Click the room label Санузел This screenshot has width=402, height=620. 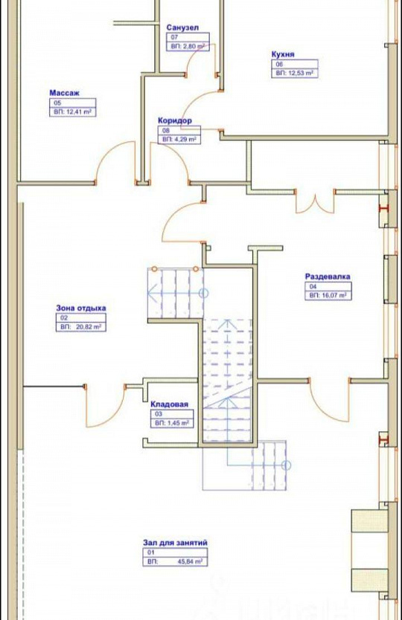click(x=182, y=28)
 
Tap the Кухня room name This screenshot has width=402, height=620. click(x=283, y=54)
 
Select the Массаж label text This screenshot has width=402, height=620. click(x=65, y=93)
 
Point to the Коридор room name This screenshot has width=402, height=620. click(x=175, y=120)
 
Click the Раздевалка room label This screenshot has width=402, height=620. click(x=328, y=277)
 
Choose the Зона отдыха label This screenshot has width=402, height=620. click(x=81, y=308)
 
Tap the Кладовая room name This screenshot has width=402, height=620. click(x=170, y=404)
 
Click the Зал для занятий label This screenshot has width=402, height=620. click(x=175, y=543)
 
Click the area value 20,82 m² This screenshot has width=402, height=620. click(x=89, y=327)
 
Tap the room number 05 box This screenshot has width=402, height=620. click(x=72, y=103)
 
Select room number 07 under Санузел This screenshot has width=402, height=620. click(x=188, y=37)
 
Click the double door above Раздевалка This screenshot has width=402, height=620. click(x=315, y=202)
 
